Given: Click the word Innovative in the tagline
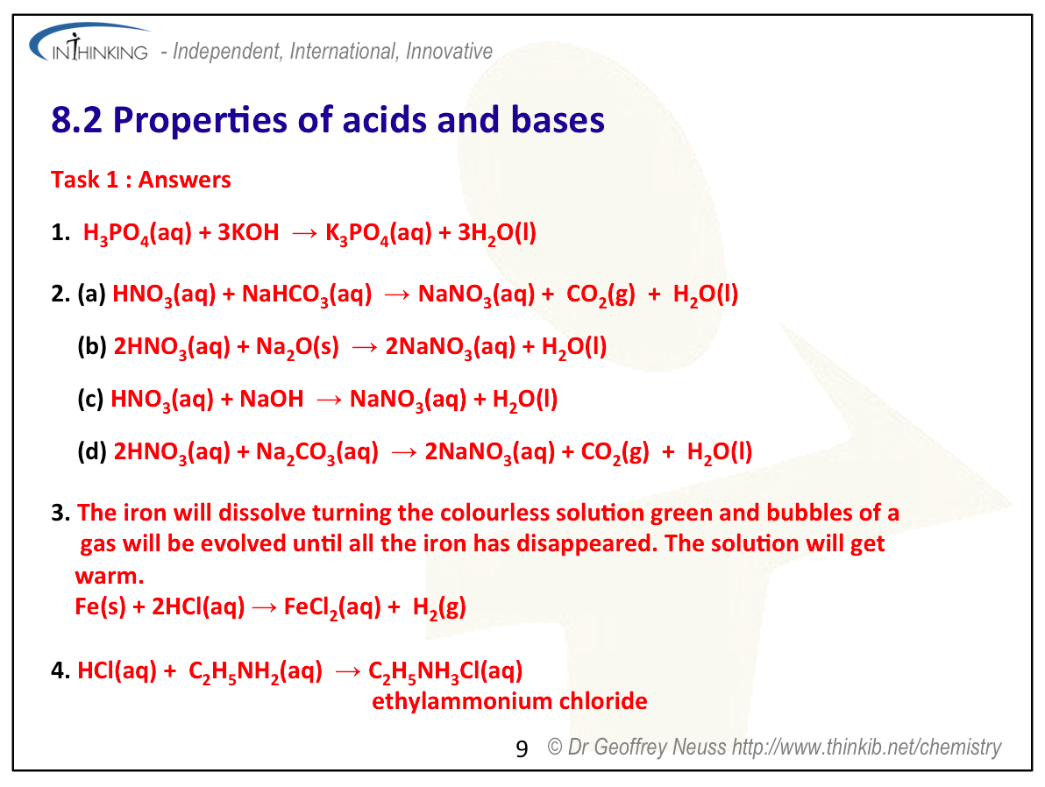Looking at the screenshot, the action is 449,52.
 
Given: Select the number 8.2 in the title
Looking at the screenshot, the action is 76,121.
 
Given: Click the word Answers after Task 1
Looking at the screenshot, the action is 185,180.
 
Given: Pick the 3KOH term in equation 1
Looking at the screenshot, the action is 248,232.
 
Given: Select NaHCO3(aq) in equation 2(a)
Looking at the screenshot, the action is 307,294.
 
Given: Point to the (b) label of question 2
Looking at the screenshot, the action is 92,346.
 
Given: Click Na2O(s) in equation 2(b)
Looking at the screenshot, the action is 297,347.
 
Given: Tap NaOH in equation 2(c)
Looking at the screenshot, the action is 271,399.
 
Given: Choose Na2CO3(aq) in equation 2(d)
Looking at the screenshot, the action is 317,452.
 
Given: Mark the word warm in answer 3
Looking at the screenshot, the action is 110,576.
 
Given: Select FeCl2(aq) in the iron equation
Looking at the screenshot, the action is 332,607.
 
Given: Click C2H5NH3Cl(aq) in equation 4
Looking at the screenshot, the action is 446,671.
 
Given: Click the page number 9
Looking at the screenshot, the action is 522,749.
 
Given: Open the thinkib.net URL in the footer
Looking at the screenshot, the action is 866,748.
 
